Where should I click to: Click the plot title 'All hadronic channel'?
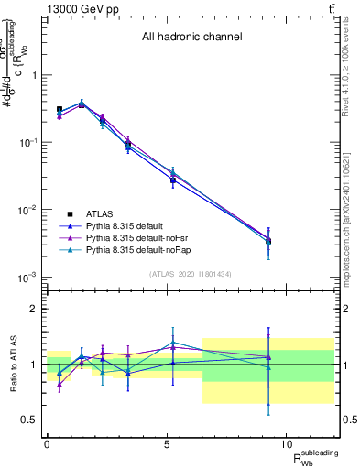191,38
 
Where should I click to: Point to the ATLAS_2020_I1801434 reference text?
191,274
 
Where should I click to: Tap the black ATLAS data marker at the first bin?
60,109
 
